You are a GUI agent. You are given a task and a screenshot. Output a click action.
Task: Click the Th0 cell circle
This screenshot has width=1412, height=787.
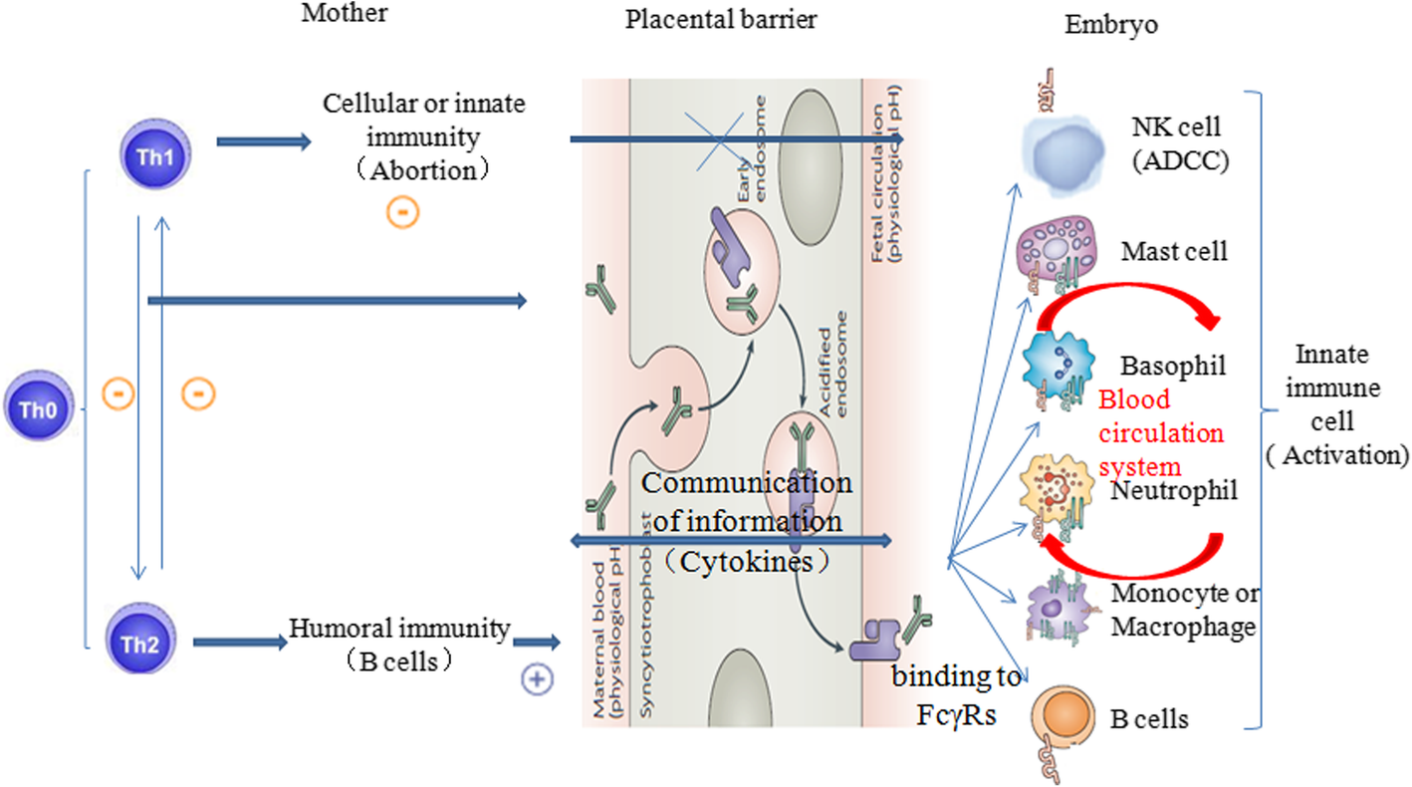pyautogui.click(x=38, y=406)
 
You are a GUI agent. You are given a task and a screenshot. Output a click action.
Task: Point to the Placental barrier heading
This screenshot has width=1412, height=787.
pyautogui.click(x=721, y=20)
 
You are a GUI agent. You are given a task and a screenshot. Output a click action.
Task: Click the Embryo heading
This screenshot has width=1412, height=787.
pyautogui.click(x=1111, y=26)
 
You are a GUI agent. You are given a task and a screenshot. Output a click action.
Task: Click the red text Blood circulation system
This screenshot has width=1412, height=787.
pyautogui.click(x=1161, y=432)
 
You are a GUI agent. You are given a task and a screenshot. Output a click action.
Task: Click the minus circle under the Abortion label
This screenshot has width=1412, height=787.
pyautogui.click(x=404, y=212)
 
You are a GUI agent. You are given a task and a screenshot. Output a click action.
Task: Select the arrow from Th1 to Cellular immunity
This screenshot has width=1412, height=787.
pyautogui.click(x=264, y=142)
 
